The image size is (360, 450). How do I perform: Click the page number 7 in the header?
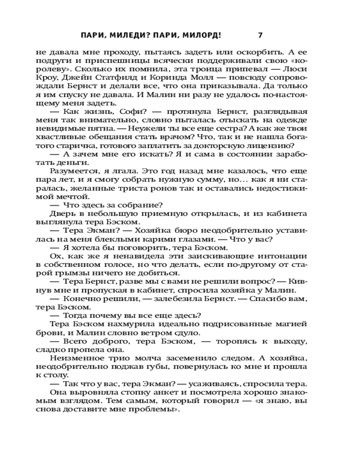(x=261, y=35)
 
